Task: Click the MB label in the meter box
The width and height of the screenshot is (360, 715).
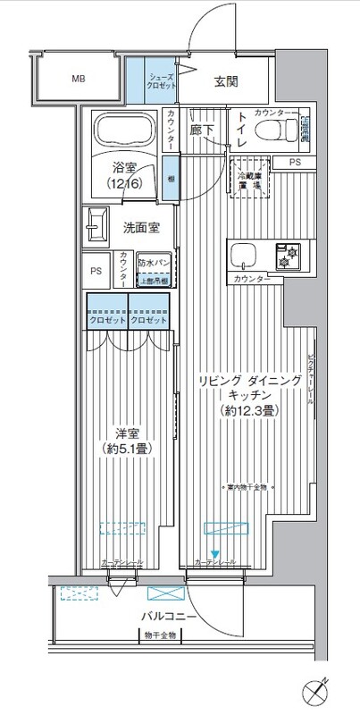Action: click(78, 79)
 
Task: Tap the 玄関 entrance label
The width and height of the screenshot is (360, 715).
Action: click(227, 81)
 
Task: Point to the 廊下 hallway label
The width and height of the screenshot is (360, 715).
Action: click(202, 130)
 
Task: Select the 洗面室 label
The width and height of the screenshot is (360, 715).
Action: click(141, 228)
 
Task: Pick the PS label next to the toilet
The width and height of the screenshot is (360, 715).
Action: click(294, 162)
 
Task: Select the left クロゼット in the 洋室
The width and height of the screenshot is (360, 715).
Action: click(106, 320)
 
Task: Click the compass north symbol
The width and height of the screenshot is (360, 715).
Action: click(320, 692)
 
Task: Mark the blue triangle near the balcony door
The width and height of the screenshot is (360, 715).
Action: click(213, 552)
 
